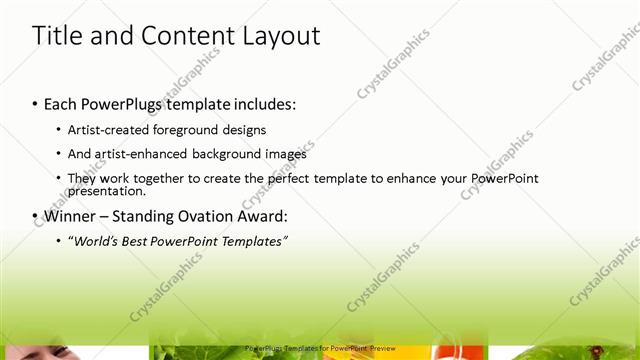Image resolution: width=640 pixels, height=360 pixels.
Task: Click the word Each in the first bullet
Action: coord(62,103)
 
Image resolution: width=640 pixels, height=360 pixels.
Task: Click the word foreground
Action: coord(192,129)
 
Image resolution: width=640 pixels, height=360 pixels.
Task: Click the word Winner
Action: coord(71,216)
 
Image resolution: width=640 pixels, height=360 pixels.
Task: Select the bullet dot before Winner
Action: coord(35,216)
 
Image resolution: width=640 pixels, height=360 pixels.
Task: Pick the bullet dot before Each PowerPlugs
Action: coord(35,103)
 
